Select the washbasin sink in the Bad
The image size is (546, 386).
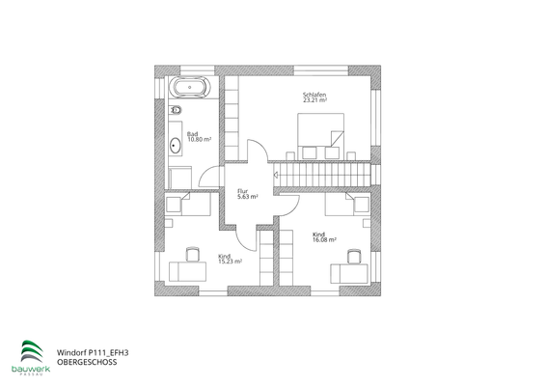(176, 147)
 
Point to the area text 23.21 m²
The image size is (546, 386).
(314, 100)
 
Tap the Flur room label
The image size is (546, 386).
(243, 191)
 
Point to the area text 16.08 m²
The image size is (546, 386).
(324, 240)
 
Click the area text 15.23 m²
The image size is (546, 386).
(230, 261)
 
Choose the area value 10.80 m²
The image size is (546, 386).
(199, 140)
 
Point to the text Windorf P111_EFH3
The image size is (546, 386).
(93, 353)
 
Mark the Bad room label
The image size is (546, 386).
(193, 134)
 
